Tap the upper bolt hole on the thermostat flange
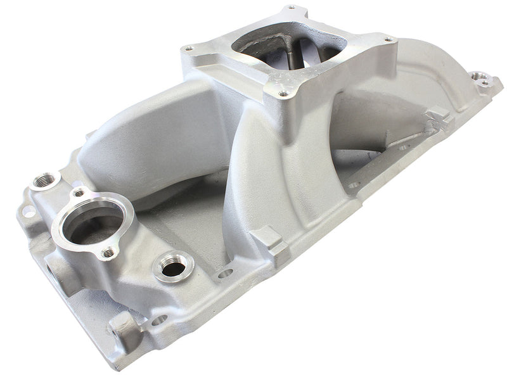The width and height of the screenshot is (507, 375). click(x=78, y=191)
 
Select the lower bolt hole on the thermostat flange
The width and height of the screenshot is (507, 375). click(x=110, y=252)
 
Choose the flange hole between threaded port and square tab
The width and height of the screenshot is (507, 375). click(x=225, y=274)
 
